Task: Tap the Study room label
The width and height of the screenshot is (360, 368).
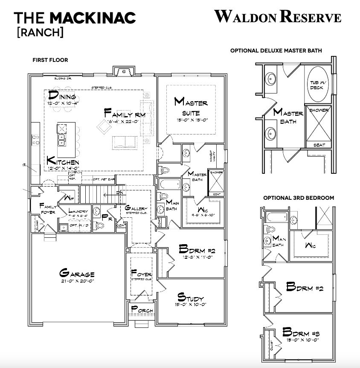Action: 191,298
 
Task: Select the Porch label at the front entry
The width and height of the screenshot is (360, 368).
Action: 142,310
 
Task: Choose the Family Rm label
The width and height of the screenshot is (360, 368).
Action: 125,114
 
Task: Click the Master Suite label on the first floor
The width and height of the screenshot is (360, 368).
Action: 191,103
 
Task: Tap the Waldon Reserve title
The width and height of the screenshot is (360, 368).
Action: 278,17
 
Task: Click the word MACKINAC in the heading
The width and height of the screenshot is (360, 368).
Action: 93,18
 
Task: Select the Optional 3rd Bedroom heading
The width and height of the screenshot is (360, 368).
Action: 298,198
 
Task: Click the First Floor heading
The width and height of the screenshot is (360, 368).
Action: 50,60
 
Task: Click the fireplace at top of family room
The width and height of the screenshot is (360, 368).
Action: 124,71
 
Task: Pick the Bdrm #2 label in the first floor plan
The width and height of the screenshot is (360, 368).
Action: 197,249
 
